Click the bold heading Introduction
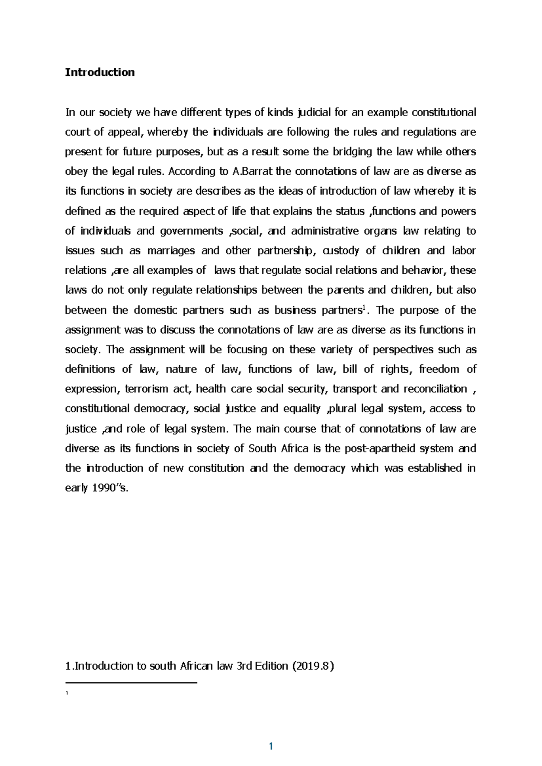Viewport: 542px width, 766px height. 100,72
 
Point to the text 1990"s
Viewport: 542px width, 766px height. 112,488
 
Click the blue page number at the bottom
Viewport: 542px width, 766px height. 271,747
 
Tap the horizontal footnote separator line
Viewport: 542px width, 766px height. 131,683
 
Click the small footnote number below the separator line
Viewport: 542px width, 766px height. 67,694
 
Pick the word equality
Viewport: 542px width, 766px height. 301,409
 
